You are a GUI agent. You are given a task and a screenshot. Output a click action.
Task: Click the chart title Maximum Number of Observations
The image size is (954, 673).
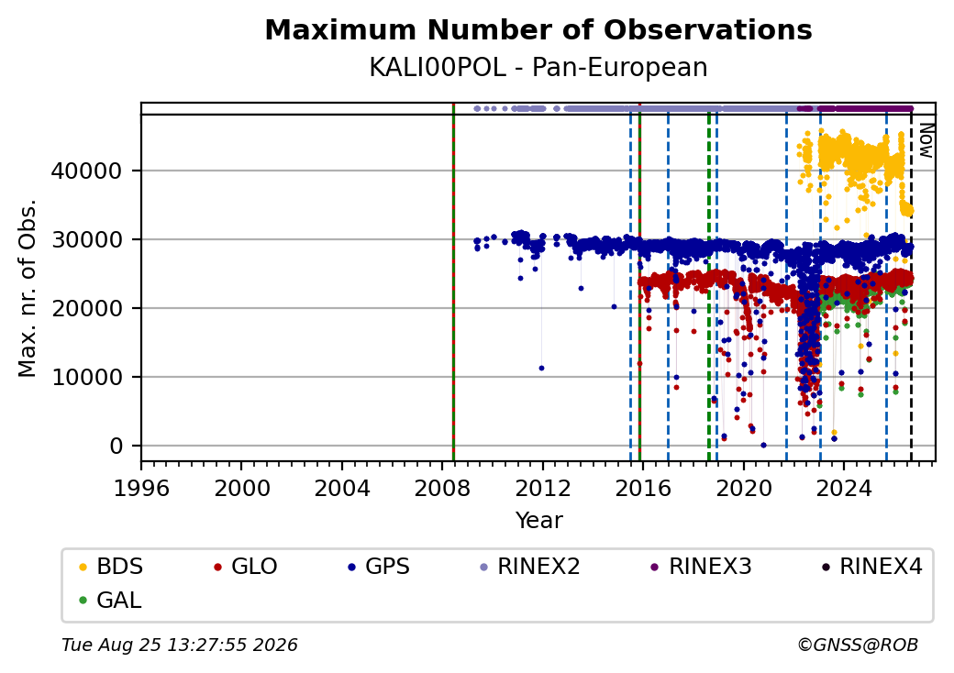coord(538,29)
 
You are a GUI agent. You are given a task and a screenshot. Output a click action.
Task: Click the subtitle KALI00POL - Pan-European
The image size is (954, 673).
coord(538,68)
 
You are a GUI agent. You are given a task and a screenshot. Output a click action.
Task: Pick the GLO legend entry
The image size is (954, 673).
coord(246,567)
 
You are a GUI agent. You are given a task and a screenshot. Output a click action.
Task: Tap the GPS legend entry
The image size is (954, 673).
coord(379,567)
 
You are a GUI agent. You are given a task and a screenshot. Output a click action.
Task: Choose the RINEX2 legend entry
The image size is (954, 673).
coord(529,567)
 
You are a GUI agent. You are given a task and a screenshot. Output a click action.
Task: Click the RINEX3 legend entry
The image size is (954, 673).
coord(701,567)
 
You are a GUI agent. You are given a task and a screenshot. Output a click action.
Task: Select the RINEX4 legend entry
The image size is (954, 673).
coord(871,567)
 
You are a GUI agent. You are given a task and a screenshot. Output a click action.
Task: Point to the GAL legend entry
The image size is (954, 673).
coord(110,601)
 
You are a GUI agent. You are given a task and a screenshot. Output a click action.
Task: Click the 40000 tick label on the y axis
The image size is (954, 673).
coord(87,171)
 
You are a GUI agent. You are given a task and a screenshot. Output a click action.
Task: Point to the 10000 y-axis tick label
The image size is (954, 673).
coord(87,377)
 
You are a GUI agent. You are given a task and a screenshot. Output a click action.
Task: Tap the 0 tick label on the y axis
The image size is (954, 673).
coord(116,447)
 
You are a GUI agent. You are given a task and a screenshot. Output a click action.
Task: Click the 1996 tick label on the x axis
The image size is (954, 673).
coord(141,488)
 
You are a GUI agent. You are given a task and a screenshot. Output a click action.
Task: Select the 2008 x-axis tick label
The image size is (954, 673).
coord(442,488)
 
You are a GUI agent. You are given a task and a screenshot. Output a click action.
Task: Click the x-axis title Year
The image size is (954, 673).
coord(539,521)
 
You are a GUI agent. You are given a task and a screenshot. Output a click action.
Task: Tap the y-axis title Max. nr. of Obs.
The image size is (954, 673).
coord(28,288)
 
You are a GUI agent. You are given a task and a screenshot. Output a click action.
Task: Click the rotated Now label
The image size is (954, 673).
coord(926,140)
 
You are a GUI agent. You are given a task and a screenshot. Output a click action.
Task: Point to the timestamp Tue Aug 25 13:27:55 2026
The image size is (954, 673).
coord(180,645)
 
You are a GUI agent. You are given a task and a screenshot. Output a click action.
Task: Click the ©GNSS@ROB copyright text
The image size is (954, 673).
coord(858,645)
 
